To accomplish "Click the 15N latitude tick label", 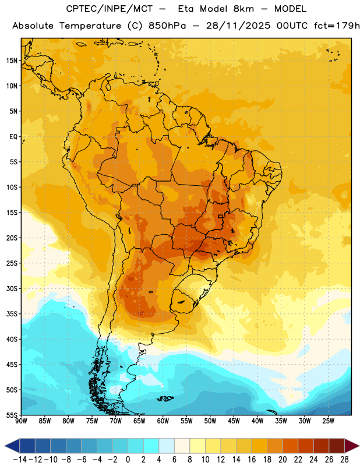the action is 12,61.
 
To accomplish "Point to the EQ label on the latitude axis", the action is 13,137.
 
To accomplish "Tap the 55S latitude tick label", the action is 12,415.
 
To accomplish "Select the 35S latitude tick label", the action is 12,314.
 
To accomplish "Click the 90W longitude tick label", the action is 21,421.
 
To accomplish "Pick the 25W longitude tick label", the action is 328,421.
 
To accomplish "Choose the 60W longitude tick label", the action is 163,421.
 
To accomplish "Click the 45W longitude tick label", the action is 234,421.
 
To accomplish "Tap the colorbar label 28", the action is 344,460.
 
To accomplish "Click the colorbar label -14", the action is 20,460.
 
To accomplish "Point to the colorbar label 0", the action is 128,460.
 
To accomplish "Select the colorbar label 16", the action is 252,460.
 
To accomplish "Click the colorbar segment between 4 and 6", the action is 167,446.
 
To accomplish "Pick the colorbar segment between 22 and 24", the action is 306,446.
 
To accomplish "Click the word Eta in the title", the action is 186,9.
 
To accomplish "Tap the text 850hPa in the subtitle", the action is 167,26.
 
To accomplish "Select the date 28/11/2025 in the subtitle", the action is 238,26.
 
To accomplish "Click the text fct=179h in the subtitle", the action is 337,26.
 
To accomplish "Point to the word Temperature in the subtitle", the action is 90,26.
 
